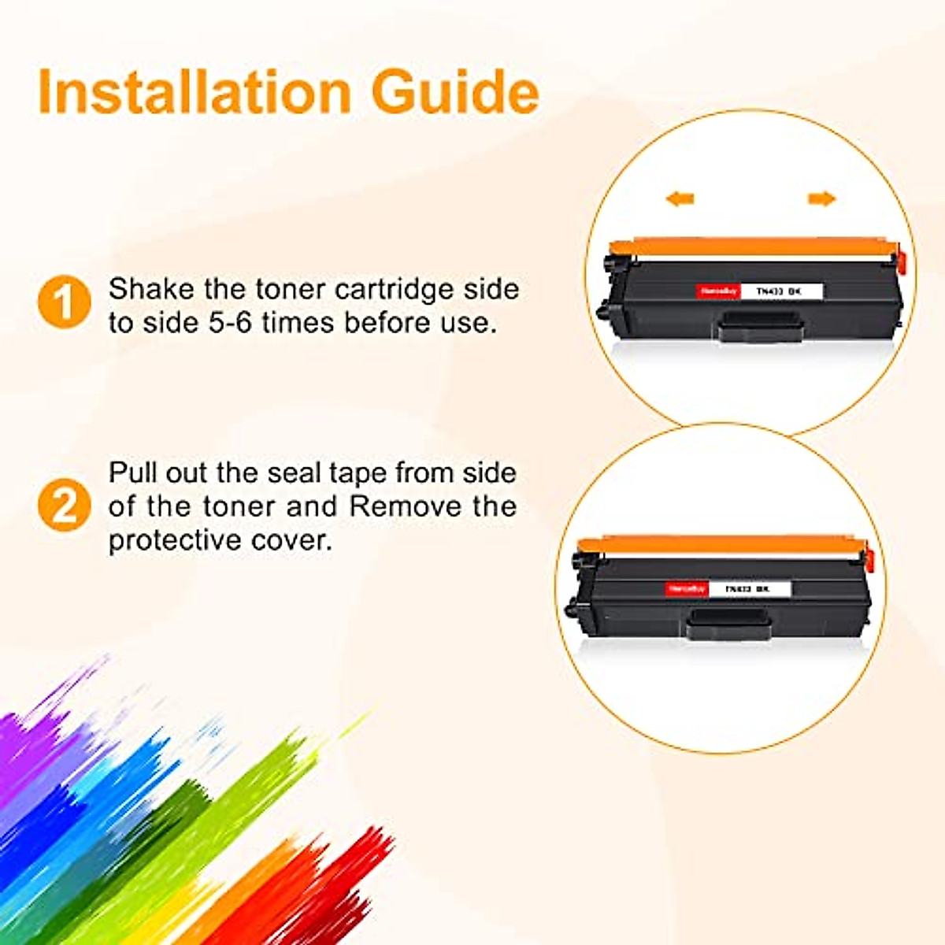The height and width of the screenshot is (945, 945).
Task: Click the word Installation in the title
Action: [194, 93]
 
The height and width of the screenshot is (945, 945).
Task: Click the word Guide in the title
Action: [455, 93]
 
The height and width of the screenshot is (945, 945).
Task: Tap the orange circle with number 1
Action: [65, 302]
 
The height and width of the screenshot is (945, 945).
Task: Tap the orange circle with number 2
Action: [65, 505]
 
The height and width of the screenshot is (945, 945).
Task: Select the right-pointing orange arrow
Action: [821, 199]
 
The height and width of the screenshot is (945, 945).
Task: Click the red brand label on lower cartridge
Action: [686, 588]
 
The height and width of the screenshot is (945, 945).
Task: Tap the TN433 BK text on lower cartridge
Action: [747, 588]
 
